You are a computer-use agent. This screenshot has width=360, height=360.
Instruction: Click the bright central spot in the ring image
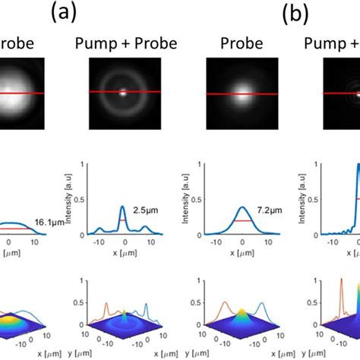124,96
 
